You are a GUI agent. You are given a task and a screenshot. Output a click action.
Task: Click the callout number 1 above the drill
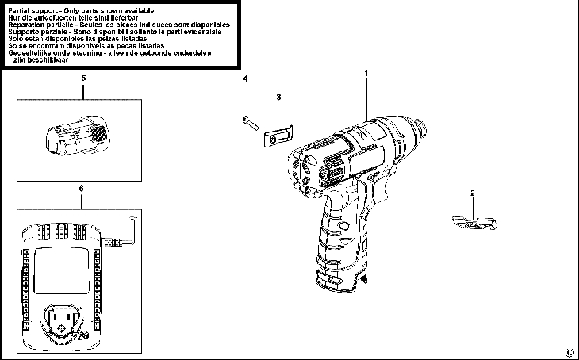pyautogui.click(x=367, y=74)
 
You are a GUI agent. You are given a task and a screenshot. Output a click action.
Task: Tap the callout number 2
pyautogui.click(x=473, y=193)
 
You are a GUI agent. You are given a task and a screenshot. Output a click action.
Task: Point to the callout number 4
pyautogui.click(x=245, y=79)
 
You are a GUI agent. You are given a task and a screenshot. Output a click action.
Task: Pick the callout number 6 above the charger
pyautogui.click(x=82, y=187)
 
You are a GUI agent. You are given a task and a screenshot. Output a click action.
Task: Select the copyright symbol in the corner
pyautogui.click(x=568, y=353)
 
